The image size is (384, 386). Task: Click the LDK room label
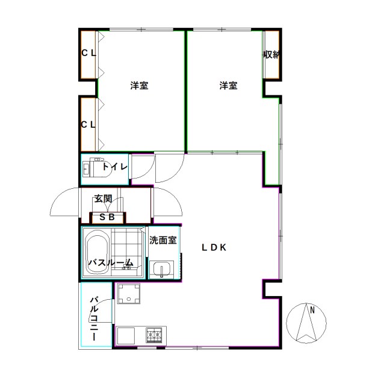pyautogui.click(x=213, y=246)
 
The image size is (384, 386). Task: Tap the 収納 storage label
pyautogui.click(x=271, y=54)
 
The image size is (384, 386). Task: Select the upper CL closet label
pyautogui.click(x=88, y=53)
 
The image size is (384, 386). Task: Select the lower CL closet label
pyautogui.click(x=88, y=125)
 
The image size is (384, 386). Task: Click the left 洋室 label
pyautogui.click(x=139, y=86)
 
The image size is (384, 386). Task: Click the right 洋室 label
pyautogui.click(x=228, y=86)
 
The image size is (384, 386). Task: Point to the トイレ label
pyautogui.click(x=114, y=167)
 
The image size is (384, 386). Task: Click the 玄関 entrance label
pyautogui.click(x=102, y=198)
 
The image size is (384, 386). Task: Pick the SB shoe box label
pyautogui.click(x=107, y=217)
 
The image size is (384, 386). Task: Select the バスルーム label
pyautogui.click(x=111, y=262)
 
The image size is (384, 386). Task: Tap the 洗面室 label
pyautogui.click(x=163, y=240)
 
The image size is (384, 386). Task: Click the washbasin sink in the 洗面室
pyautogui.click(x=161, y=269)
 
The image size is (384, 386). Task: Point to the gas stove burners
pyautogui.click(x=154, y=334)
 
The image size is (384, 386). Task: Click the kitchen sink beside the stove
pyautogui.click(x=128, y=334)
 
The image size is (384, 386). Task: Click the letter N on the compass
pyautogui.click(x=312, y=311)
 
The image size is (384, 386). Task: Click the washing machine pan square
pyautogui.click(x=128, y=295)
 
